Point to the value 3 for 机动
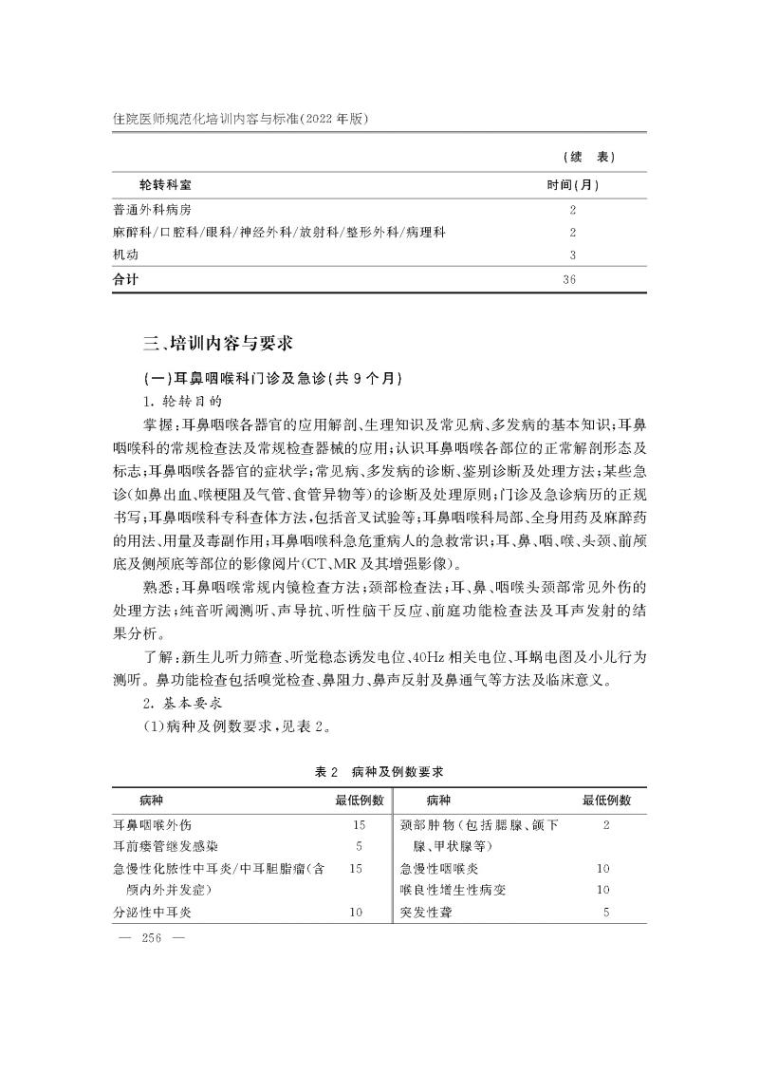pos(573,254)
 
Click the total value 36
pos(571,279)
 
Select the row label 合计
pos(126,279)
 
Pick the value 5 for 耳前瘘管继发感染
pos(359,845)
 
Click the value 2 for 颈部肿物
pos(605,824)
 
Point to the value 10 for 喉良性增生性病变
pos(603,890)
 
